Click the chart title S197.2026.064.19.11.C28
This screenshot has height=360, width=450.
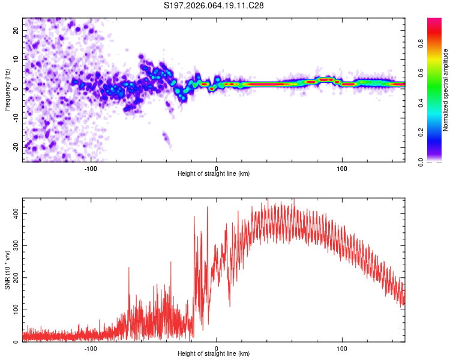pos(214,5)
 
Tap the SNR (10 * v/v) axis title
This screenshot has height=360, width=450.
pos(7,269)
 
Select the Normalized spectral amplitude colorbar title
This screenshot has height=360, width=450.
pos(446,90)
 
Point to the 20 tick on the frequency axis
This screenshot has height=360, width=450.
pos(16,30)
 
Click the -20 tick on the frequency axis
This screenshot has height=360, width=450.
pos(15,146)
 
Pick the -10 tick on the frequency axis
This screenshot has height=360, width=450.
pos(15,118)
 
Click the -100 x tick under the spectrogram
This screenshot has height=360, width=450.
pos(91,169)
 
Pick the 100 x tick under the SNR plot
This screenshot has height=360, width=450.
pos(342,349)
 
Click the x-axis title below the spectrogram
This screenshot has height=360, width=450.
pos(214,174)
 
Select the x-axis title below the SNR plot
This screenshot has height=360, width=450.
pos(214,354)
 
